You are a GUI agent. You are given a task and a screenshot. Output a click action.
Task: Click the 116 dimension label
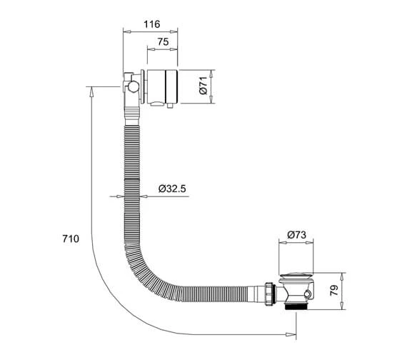tap(152, 24)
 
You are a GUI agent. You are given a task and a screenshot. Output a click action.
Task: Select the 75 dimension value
tap(163, 41)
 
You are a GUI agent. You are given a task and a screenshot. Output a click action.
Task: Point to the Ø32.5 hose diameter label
tap(172, 189)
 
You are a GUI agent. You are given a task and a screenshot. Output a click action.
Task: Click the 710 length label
tap(71, 239)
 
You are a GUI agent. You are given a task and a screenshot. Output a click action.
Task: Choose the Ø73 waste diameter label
tap(297, 235)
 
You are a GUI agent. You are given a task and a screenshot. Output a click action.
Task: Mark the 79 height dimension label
tap(334, 291)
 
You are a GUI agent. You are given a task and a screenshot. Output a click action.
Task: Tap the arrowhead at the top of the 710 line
tap(91, 91)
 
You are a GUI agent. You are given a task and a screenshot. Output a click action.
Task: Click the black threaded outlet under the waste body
tap(296, 306)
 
